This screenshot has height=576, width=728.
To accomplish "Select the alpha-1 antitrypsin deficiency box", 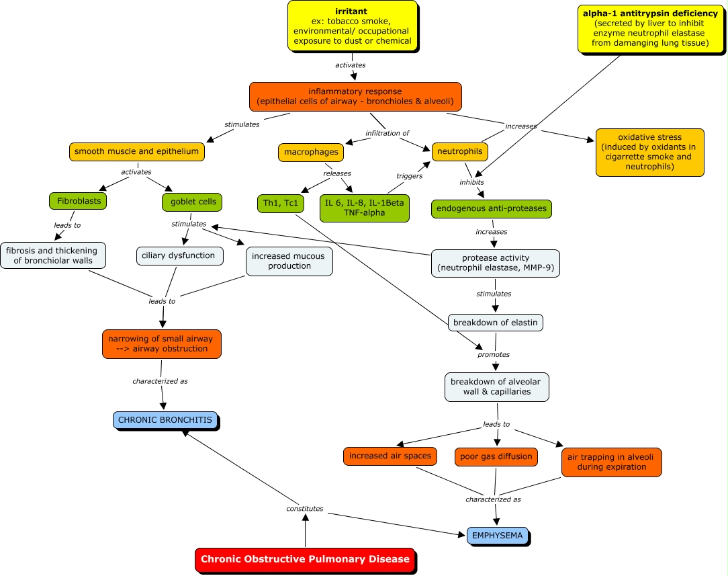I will (x=650, y=28).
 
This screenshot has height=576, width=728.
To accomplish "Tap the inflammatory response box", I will (x=355, y=96).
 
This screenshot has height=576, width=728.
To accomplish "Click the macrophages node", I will (x=308, y=153).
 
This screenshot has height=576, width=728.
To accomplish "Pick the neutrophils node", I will (x=459, y=152).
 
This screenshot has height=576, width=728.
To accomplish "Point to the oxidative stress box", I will (x=649, y=153).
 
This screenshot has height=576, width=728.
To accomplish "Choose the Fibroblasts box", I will (x=78, y=201).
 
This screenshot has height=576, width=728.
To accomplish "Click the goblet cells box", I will (x=192, y=202).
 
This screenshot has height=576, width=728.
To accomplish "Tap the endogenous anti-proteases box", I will (x=492, y=209).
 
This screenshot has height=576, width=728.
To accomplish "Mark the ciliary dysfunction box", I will (x=180, y=255).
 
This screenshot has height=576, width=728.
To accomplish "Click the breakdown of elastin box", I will (x=495, y=323).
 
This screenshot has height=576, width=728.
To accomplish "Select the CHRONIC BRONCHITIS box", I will (x=165, y=420).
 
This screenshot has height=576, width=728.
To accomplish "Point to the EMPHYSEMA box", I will (x=497, y=536).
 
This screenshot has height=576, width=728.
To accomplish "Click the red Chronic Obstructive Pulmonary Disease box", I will (x=305, y=559).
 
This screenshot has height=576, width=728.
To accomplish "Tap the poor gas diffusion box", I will (x=496, y=456).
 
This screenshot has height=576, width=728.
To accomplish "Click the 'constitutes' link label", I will (x=305, y=509).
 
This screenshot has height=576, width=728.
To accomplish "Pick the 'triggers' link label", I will (x=409, y=176).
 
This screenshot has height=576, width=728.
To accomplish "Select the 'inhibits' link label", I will (x=471, y=182).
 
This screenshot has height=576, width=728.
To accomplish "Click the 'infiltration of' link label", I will (x=387, y=133).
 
